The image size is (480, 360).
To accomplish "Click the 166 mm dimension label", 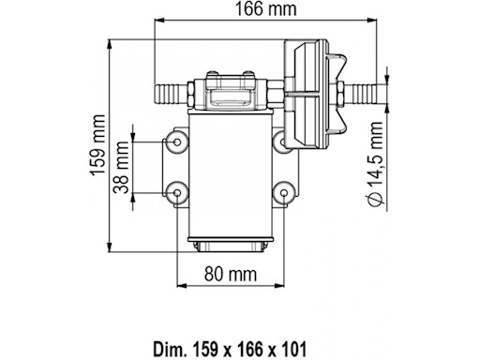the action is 265,9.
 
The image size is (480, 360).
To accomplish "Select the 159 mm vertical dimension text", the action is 97,144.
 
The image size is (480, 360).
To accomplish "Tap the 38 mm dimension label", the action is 121,167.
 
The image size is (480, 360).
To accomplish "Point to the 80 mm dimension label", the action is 231,274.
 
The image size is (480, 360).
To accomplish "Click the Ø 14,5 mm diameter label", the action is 374,163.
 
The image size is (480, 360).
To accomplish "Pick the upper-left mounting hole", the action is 177,142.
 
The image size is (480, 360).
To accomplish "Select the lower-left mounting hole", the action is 177,193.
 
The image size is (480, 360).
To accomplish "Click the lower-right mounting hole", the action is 284,193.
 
